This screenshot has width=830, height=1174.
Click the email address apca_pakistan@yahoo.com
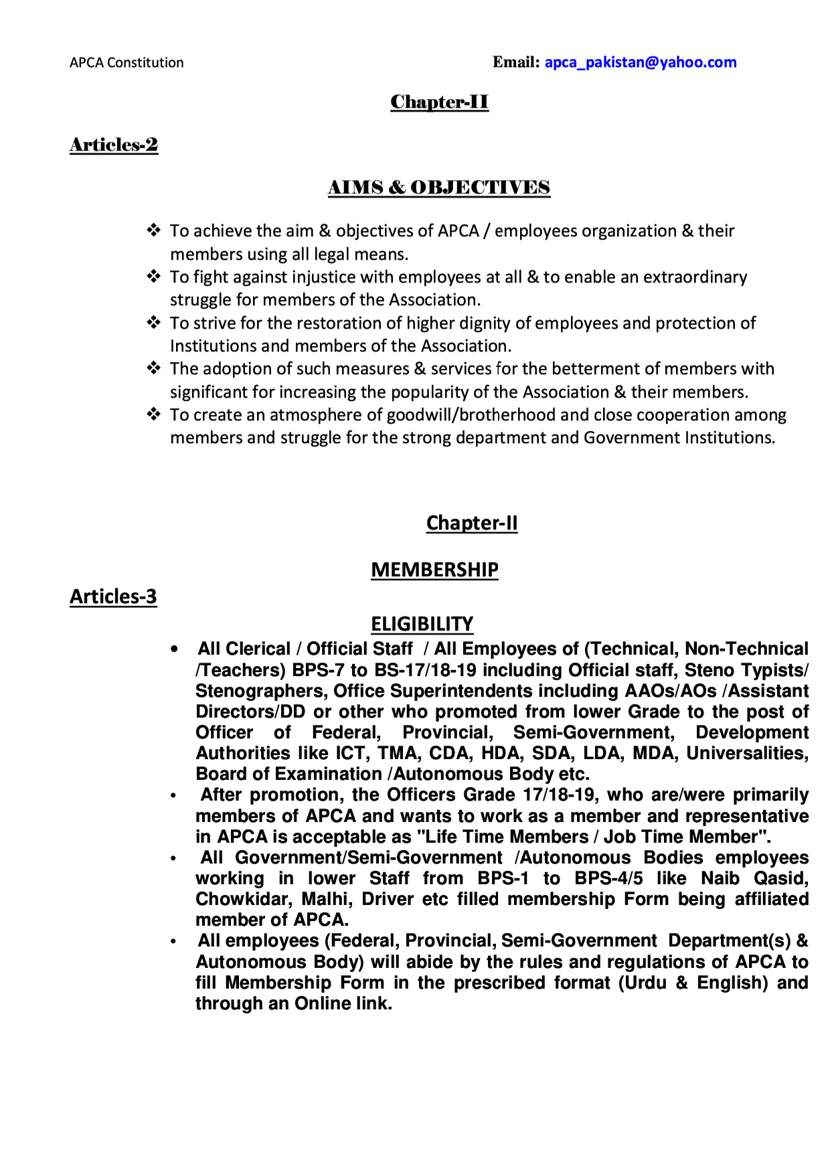tap(640, 62)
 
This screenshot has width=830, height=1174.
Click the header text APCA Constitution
tap(127, 63)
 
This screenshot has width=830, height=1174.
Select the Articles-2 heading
tap(114, 145)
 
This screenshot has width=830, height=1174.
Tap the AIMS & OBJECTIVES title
tap(438, 187)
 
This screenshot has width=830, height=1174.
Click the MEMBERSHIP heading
tap(434, 570)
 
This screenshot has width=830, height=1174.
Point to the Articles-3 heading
tap(113, 596)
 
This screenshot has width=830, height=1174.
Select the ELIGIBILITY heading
tap(422, 624)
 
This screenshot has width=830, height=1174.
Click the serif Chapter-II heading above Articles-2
tap(439, 102)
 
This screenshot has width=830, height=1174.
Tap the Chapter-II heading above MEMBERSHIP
tap(471, 523)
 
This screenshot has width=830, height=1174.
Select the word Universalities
tap(747, 753)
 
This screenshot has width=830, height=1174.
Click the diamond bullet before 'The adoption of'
tap(154, 368)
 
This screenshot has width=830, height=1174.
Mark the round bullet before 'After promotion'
tap(173, 796)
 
